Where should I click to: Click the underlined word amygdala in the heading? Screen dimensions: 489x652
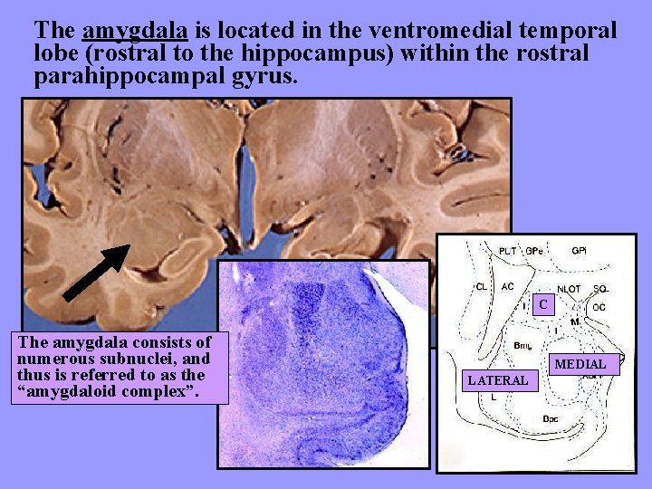[135, 31]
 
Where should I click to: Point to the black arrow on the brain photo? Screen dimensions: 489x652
[96, 273]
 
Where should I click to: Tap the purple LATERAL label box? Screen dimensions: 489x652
[497, 380]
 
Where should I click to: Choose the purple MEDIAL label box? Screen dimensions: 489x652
[580, 364]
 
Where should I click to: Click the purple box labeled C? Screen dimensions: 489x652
[543, 305]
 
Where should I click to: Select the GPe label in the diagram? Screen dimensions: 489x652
[535, 250]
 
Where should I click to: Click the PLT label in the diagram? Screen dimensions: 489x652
[508, 250]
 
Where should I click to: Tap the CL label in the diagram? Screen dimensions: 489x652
[482, 287]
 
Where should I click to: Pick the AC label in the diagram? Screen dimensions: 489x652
[508, 287]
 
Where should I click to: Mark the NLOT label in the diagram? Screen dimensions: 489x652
[570, 289]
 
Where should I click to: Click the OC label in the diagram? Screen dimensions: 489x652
[599, 307]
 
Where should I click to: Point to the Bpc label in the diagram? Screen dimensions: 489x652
[550, 418]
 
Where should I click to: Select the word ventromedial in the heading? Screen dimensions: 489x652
[436, 31]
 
